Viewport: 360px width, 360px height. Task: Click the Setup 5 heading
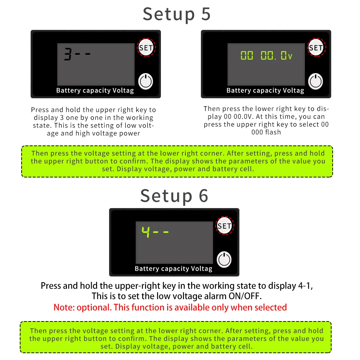176,14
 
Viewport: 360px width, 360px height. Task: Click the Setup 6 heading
174,196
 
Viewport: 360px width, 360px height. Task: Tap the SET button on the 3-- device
146,48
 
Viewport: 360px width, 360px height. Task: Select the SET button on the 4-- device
225,226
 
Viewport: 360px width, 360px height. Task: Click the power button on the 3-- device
146,81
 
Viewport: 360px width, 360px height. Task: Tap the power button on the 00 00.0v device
316,81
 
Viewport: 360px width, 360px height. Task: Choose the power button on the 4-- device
224,260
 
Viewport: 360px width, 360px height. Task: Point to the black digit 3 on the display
68,54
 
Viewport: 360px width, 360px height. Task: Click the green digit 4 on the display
146,232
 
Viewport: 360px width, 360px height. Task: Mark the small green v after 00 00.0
290,57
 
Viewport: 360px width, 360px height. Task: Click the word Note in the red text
64,307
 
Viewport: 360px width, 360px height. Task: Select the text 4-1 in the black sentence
305,286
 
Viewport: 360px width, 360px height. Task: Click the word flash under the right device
273,132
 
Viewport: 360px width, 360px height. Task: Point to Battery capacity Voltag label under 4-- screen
174,269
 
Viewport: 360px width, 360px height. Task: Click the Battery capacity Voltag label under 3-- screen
95,90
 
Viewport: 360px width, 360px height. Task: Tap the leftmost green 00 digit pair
247,55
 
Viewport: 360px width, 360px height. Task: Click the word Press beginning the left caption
40,110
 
